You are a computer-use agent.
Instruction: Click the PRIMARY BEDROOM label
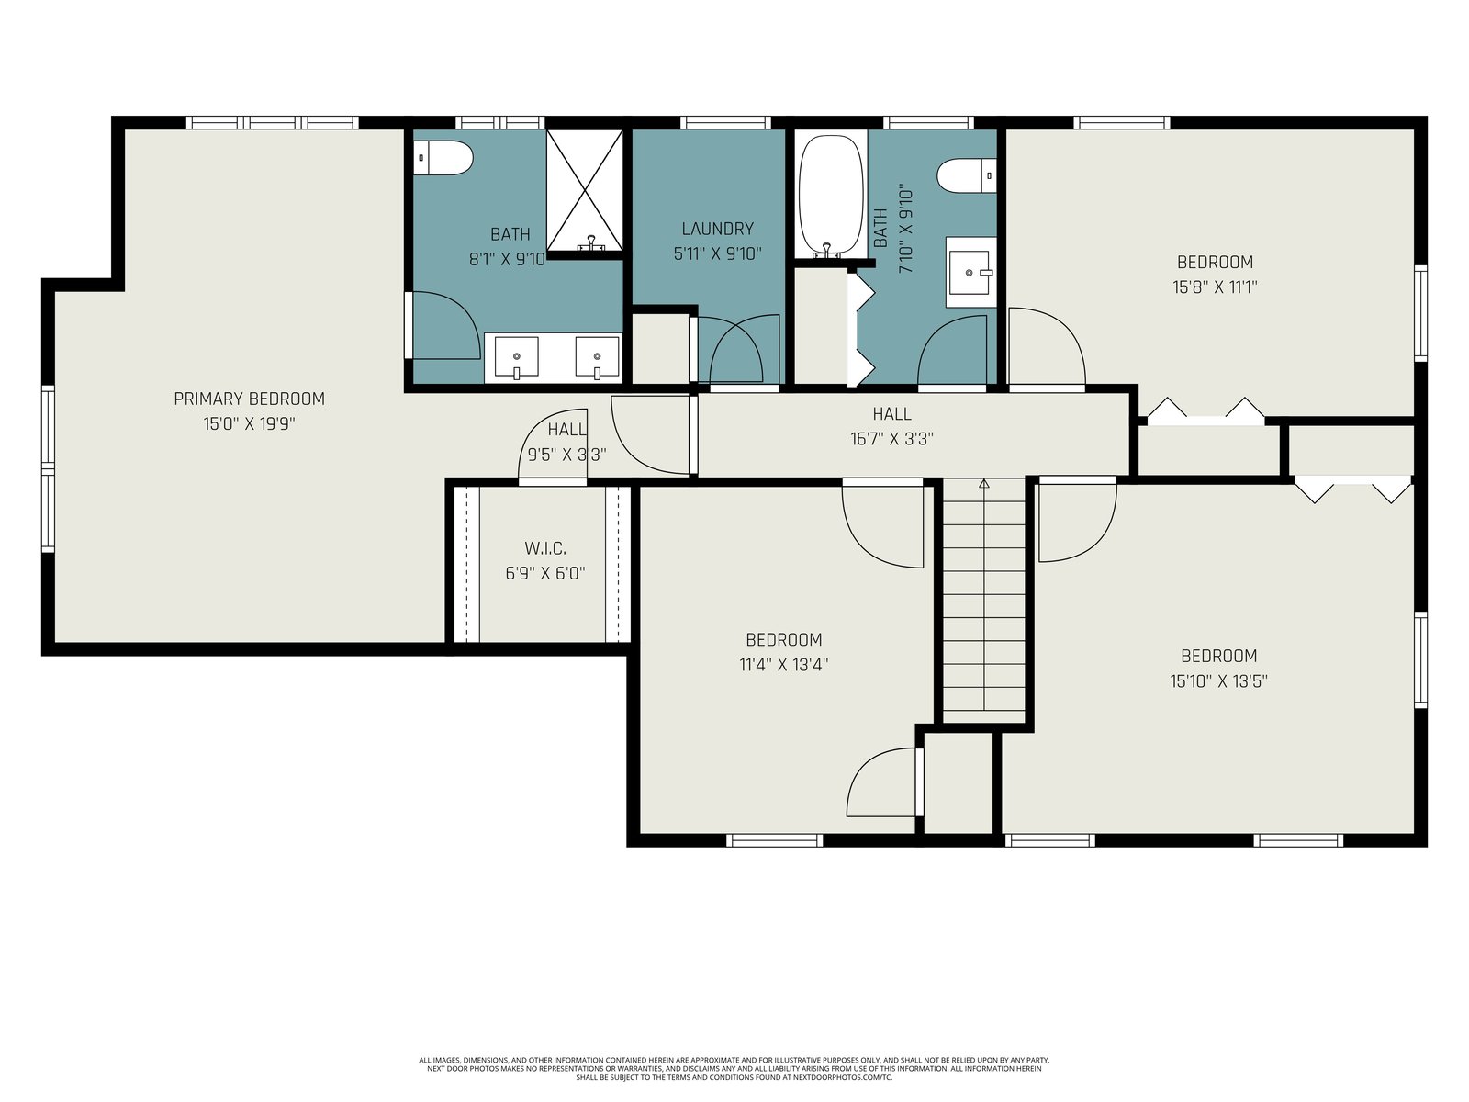[x=249, y=399]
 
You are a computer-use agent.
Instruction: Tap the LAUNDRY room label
[x=717, y=229]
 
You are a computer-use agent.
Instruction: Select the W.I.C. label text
[x=545, y=548]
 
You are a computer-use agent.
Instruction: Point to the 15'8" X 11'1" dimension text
[x=1215, y=287]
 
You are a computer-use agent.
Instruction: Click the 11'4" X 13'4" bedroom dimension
[x=784, y=664]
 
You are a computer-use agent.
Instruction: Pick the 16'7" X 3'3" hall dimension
[x=892, y=439]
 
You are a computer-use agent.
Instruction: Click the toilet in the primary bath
[x=443, y=158]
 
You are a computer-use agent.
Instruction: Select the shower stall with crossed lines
[x=585, y=190]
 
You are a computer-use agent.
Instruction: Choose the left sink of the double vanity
[x=516, y=358]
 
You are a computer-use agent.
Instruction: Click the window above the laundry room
[x=726, y=122]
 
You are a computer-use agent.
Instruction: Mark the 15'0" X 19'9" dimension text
[x=249, y=423]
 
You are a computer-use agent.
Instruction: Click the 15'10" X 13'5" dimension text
[x=1218, y=681]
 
